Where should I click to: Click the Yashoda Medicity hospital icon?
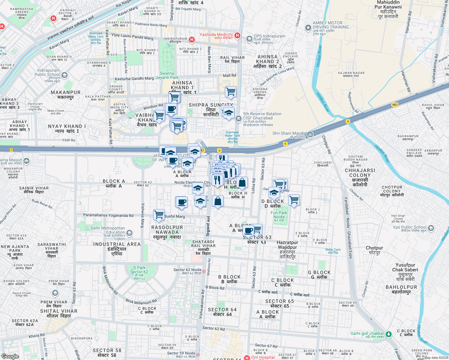(x=237, y=35)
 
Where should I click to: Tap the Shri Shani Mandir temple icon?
(x=310, y=134)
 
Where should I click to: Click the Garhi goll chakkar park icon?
(x=389, y=334)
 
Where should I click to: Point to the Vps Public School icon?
(x=431, y=228)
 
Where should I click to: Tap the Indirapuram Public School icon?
(x=65, y=75)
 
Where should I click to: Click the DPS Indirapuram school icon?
(x=249, y=39)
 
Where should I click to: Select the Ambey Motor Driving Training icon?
(x=308, y=28)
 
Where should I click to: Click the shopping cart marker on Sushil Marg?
(x=159, y=214)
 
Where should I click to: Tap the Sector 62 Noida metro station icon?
(x=204, y=271)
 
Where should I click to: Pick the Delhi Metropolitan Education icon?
(x=129, y=233)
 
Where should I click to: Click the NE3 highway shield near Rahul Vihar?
(x=395, y=105)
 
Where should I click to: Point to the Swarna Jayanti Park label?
(x=167, y=75)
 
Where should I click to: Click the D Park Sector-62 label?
(x=139, y=272)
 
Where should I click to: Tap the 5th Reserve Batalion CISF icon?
(x=238, y=118)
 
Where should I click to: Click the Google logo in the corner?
(x=10, y=356)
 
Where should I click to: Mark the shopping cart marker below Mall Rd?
(x=231, y=92)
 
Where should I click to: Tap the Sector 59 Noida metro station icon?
(x=197, y=355)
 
